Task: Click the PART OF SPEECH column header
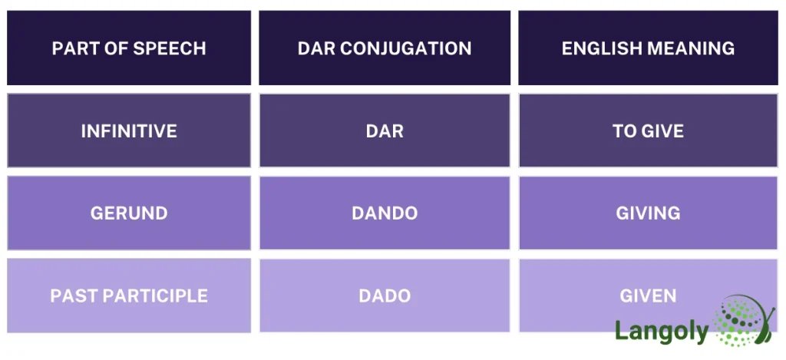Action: point(129,48)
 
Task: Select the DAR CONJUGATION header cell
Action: point(385,48)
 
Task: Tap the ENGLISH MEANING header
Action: point(648,48)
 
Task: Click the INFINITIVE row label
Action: point(129,131)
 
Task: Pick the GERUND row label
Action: point(129,213)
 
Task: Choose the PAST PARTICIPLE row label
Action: point(129,296)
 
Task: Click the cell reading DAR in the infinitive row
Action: point(385,131)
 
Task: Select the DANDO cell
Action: point(385,213)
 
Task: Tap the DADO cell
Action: point(385,296)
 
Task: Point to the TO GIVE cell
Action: point(648,131)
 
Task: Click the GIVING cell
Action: point(648,213)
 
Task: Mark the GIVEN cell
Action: point(648,296)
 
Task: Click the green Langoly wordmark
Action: point(661,331)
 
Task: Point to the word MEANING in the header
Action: point(692,48)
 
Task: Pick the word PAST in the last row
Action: point(72,296)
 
